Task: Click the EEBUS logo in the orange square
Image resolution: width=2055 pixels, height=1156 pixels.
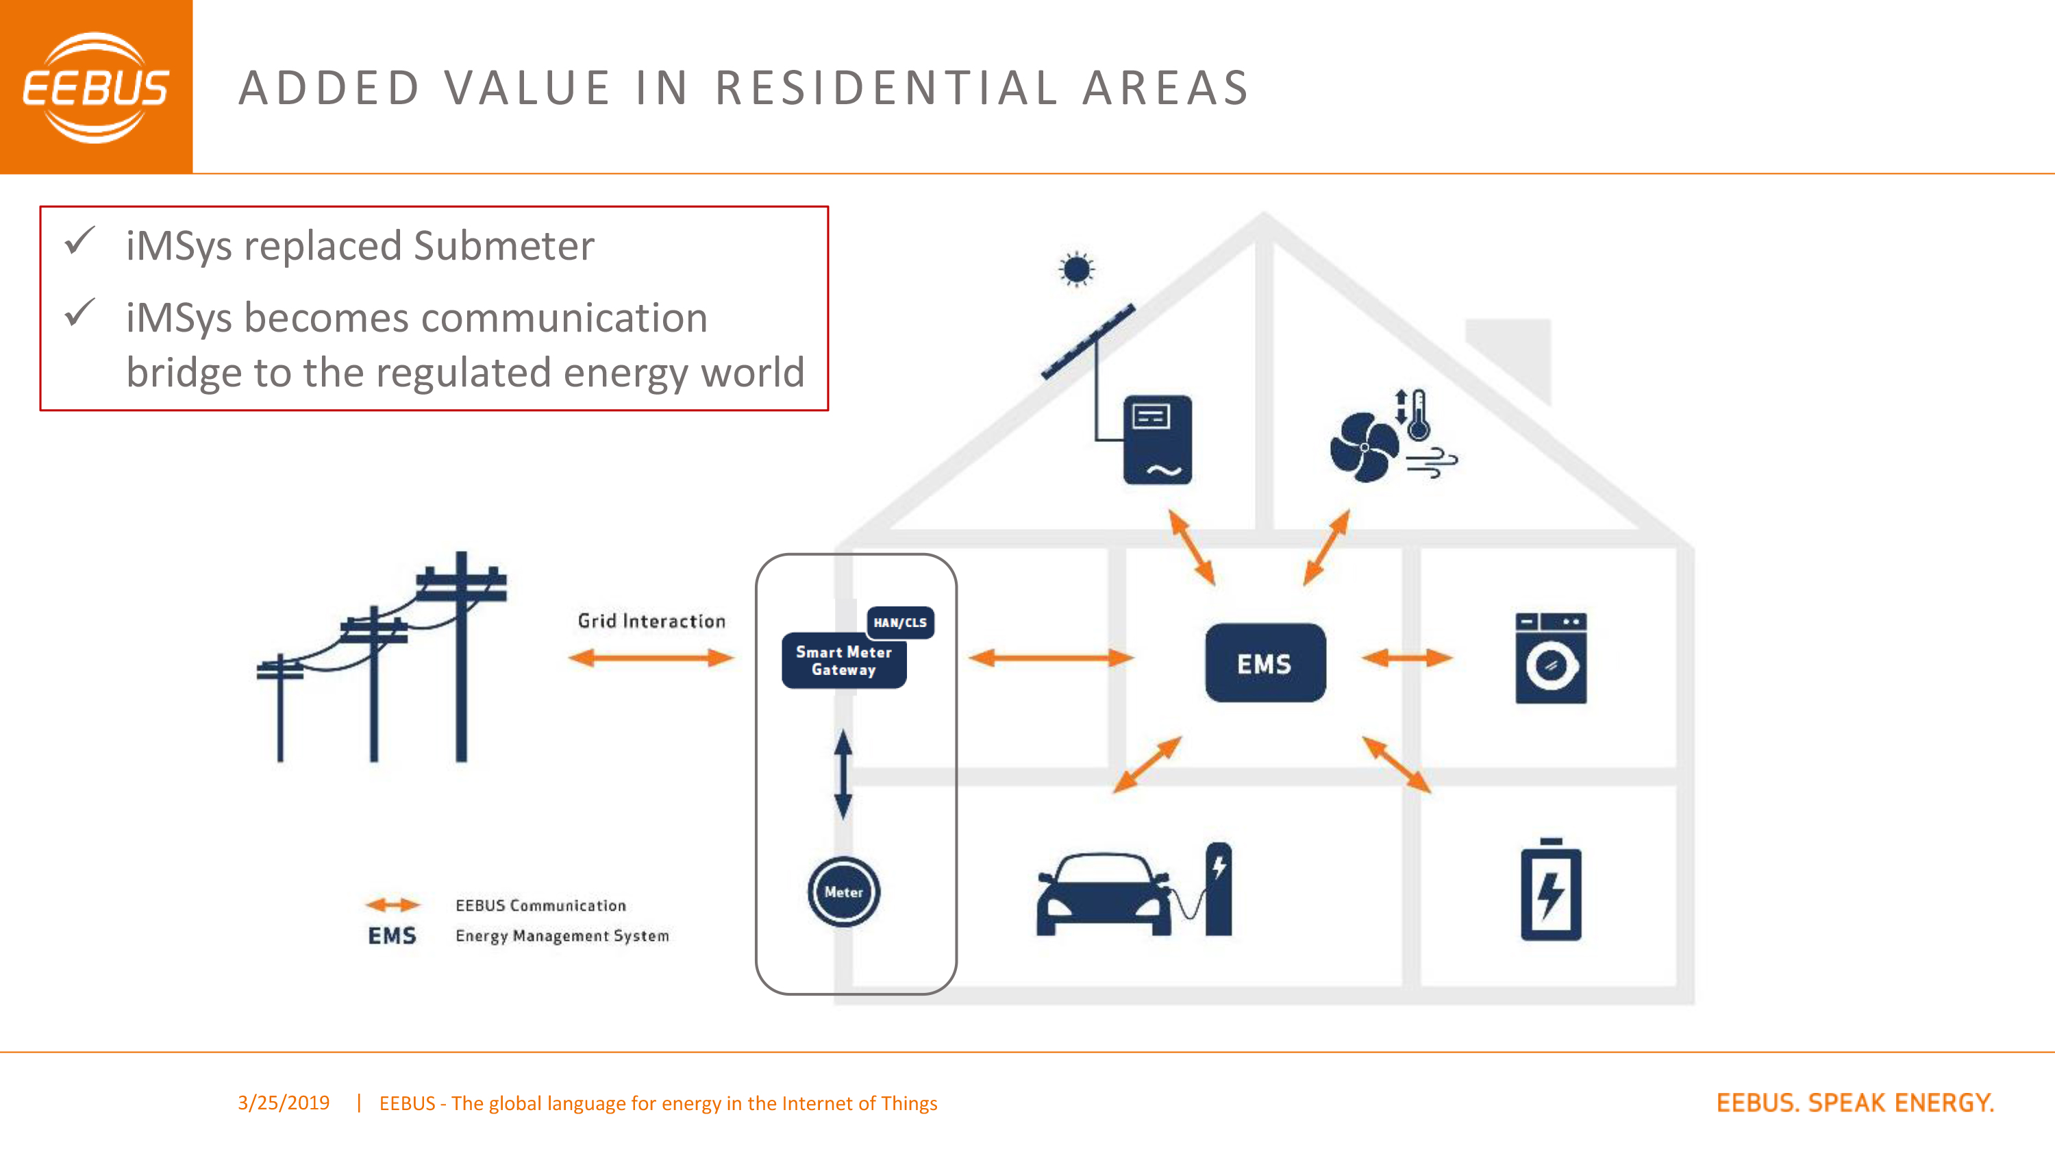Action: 96,87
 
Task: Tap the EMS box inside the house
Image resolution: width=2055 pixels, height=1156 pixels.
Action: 1265,663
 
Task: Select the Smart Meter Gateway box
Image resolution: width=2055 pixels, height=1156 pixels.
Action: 844,661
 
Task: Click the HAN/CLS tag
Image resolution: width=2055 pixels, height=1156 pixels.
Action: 900,622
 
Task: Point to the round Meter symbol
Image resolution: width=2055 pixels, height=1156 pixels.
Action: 843,892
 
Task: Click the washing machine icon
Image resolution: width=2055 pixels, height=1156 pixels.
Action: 1551,659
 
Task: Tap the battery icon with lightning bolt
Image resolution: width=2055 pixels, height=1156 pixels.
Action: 1551,889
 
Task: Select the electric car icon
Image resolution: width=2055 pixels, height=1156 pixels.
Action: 1104,894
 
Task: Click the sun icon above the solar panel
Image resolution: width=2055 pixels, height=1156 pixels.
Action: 1077,270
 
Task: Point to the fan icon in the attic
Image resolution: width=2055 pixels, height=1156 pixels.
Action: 1364,447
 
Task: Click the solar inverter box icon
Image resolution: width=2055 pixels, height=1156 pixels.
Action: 1158,440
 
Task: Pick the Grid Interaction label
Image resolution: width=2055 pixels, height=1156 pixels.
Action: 651,621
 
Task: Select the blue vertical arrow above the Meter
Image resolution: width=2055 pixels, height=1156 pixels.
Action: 843,774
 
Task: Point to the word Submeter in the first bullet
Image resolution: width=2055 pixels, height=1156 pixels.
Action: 504,245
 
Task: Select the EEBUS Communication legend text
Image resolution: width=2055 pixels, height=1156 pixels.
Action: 541,905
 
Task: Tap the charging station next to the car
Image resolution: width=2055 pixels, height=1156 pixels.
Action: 1217,889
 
